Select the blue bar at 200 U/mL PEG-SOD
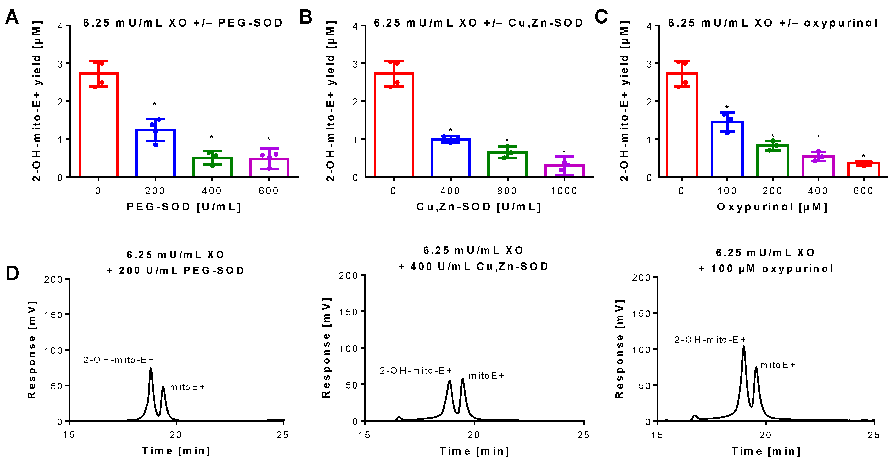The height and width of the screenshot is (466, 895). coord(155,153)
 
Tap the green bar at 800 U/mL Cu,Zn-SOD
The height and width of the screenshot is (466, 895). coord(507,164)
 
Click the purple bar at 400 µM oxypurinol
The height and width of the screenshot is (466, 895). coord(818,166)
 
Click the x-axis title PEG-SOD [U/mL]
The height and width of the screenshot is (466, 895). coord(183,207)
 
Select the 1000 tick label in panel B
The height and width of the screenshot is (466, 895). coord(564,191)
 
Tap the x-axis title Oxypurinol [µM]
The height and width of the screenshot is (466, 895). coord(772,207)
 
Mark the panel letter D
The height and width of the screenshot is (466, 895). coord(12,273)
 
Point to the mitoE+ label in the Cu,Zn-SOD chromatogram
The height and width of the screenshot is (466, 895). coord(486,376)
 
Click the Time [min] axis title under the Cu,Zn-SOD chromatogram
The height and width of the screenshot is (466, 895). coord(474,451)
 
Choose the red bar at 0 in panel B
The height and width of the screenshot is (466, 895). coord(394,125)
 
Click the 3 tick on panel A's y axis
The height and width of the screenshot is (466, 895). coord(60,64)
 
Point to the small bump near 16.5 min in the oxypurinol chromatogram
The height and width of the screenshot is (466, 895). coord(694,416)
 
